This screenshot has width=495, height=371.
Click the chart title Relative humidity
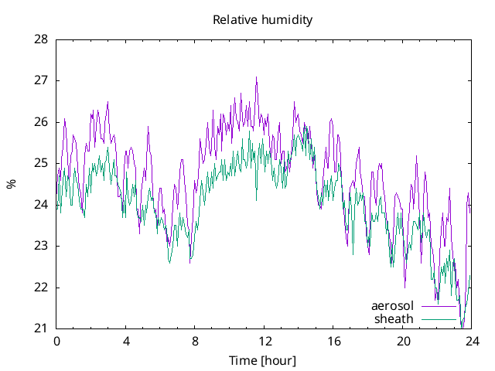[x=263, y=20]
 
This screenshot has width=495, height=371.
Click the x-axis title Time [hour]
[x=263, y=360]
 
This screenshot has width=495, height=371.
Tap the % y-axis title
[x=11, y=184]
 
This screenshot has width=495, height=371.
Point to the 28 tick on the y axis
[x=42, y=39]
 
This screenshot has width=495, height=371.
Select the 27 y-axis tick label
[x=42, y=80]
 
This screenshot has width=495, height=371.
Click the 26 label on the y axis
[x=42, y=122]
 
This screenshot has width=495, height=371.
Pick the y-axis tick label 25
[x=42, y=163]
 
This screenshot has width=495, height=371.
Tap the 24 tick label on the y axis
[x=42, y=205]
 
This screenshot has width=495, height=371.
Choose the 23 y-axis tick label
[x=42, y=246]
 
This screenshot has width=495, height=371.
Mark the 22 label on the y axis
[x=42, y=288]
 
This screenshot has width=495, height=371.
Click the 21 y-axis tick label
[x=42, y=328]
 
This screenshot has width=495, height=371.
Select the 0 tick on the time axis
[x=56, y=341]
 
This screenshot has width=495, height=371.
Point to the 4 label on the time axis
[x=126, y=341]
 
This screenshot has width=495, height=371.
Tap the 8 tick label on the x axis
[x=195, y=341]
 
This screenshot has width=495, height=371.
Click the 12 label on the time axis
[x=265, y=341]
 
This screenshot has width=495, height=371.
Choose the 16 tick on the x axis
[x=333, y=341]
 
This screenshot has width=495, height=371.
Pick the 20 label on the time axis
[x=403, y=341]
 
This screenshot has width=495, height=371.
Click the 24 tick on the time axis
[x=472, y=341]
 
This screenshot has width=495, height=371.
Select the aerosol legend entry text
[x=393, y=306]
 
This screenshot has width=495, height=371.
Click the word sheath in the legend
[x=394, y=318]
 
